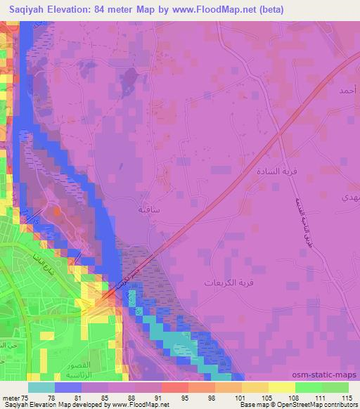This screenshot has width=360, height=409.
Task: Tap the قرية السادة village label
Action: coord(274,171)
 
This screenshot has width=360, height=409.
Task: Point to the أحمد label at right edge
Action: coord(347,91)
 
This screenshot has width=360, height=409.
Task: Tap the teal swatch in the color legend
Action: coord(42,387)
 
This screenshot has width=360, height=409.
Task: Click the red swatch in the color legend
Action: coord(173,387)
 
